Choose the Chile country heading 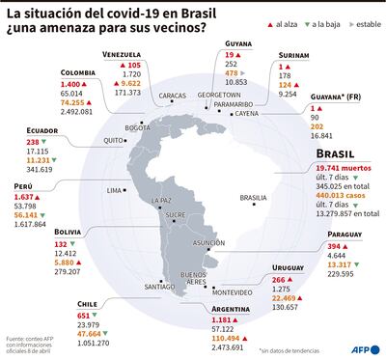click(x=88, y=303)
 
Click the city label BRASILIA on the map click(x=253, y=198)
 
